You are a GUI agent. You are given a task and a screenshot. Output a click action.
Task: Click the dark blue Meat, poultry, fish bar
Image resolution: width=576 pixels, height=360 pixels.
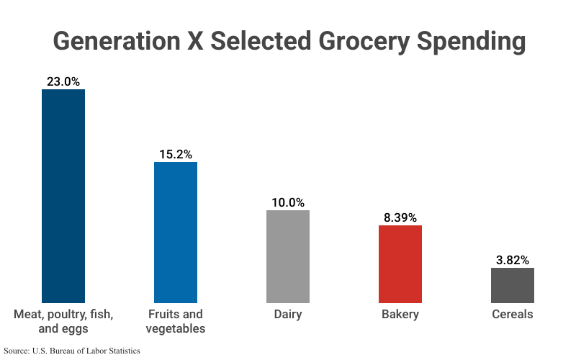[63, 196]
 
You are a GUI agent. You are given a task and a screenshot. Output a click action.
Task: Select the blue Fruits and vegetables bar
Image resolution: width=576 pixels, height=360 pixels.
[176, 232]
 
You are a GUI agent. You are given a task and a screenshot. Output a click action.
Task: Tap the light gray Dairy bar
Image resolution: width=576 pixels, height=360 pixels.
[288, 256]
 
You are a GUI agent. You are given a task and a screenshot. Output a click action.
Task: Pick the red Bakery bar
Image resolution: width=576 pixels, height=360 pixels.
[400, 264]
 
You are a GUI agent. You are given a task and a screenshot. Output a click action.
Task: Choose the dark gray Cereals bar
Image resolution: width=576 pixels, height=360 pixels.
[513, 285]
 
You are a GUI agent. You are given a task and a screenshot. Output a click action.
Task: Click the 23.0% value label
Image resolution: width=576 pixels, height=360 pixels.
[63, 81]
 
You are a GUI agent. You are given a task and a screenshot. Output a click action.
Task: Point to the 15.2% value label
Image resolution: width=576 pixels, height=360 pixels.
[176, 154]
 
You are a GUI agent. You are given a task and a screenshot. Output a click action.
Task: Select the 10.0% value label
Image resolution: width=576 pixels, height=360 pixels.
[288, 202]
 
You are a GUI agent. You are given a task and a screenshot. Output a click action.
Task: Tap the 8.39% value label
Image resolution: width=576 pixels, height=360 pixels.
[400, 217]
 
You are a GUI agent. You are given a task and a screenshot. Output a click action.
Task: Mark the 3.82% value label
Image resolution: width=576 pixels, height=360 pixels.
[513, 260]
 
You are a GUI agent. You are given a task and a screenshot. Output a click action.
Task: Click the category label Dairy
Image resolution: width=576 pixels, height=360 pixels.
[288, 315]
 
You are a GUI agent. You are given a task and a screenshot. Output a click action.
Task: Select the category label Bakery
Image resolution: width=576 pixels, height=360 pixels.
[400, 315]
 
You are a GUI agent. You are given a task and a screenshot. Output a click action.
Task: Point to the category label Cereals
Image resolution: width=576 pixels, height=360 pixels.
[513, 315]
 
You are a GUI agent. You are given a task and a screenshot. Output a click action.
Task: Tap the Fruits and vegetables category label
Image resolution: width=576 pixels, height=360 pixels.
[176, 322]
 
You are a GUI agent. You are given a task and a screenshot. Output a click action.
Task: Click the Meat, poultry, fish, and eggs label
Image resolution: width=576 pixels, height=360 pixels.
[63, 322]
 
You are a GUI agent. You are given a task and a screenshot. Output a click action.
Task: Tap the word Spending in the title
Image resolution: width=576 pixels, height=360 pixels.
[475, 41]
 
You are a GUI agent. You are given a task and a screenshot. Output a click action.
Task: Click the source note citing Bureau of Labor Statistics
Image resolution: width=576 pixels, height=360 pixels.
[72, 351]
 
